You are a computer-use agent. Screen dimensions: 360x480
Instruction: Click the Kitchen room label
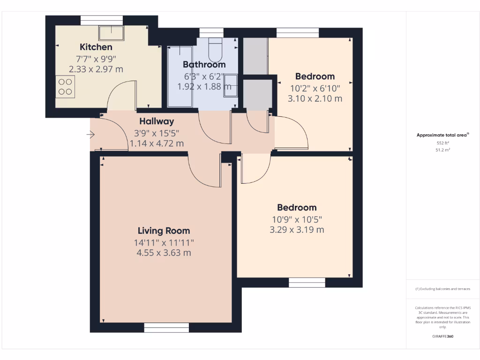[96, 47]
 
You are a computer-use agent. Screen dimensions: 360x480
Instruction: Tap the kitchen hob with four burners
[65, 87]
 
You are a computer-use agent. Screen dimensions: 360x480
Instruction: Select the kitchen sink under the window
[111, 33]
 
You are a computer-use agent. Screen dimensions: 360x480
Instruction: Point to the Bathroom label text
[204, 65]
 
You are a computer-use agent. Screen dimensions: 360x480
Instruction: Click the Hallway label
[157, 121]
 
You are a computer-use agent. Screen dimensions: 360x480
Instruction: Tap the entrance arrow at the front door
[90, 135]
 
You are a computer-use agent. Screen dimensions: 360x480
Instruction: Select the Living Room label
[164, 231]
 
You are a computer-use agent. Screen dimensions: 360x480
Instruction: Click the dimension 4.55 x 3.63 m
[164, 253]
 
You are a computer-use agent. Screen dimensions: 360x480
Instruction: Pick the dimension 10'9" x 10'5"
[297, 219]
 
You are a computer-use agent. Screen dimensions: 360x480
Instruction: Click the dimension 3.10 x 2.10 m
[315, 99]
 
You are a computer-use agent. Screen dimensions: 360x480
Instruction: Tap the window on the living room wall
[166, 328]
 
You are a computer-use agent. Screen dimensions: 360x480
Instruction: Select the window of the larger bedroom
[307, 283]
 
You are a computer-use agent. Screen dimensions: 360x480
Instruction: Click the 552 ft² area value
[443, 142]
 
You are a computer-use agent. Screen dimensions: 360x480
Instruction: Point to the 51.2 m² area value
[443, 150]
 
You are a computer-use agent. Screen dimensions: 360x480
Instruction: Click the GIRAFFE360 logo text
[443, 337]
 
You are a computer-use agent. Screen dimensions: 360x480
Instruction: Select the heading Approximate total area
[442, 135]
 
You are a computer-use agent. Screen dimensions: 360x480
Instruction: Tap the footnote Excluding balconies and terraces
[442, 289]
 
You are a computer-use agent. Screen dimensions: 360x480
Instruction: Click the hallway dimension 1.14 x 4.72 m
[157, 143]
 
